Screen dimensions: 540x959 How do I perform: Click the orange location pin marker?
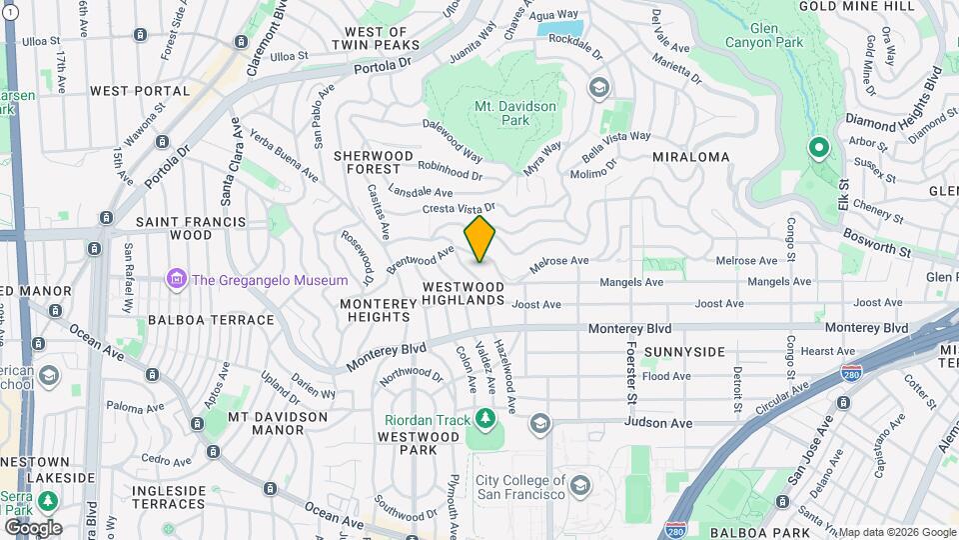[479, 239]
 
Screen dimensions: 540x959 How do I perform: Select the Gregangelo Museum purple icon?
[177, 279]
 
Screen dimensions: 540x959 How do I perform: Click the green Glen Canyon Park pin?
[818, 149]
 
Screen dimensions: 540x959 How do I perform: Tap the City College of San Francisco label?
[520, 487]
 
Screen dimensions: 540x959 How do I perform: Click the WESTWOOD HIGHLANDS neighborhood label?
[463, 293]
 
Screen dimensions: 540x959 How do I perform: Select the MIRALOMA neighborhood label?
[690, 157]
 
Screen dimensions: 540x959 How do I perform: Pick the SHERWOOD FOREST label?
[374, 162]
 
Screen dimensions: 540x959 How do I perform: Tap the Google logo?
[33, 527]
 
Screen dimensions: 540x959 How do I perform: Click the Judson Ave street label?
[658, 423]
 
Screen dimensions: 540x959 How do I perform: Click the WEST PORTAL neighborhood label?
[140, 91]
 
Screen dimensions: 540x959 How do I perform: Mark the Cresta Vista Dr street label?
[459, 208]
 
